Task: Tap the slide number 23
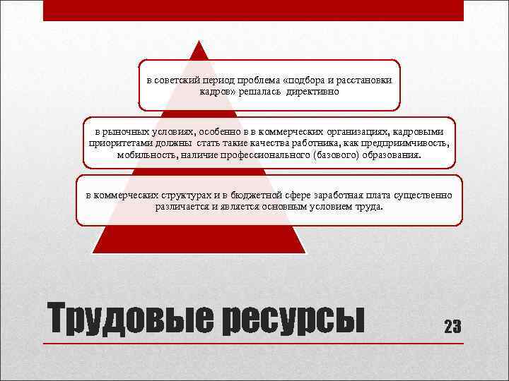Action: pos(452,327)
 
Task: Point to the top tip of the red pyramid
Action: pos(200,42)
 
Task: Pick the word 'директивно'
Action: pos(312,92)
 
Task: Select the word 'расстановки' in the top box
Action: pos(362,80)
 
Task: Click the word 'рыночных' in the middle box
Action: pos(126,132)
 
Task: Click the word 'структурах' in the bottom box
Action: pos(174,195)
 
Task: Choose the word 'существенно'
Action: pos(422,195)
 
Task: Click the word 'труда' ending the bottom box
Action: pos(370,207)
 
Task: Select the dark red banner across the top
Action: pos(253,10)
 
